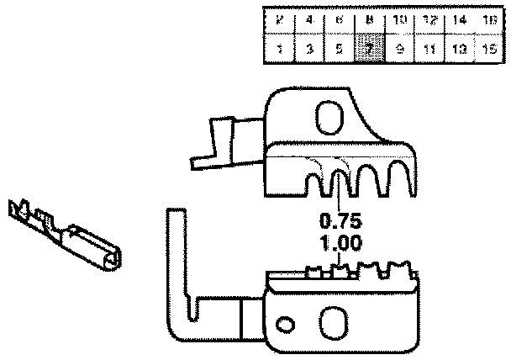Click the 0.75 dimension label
[340, 224]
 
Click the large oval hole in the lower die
[334, 321]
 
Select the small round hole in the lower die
[286, 325]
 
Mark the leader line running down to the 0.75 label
[339, 193]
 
